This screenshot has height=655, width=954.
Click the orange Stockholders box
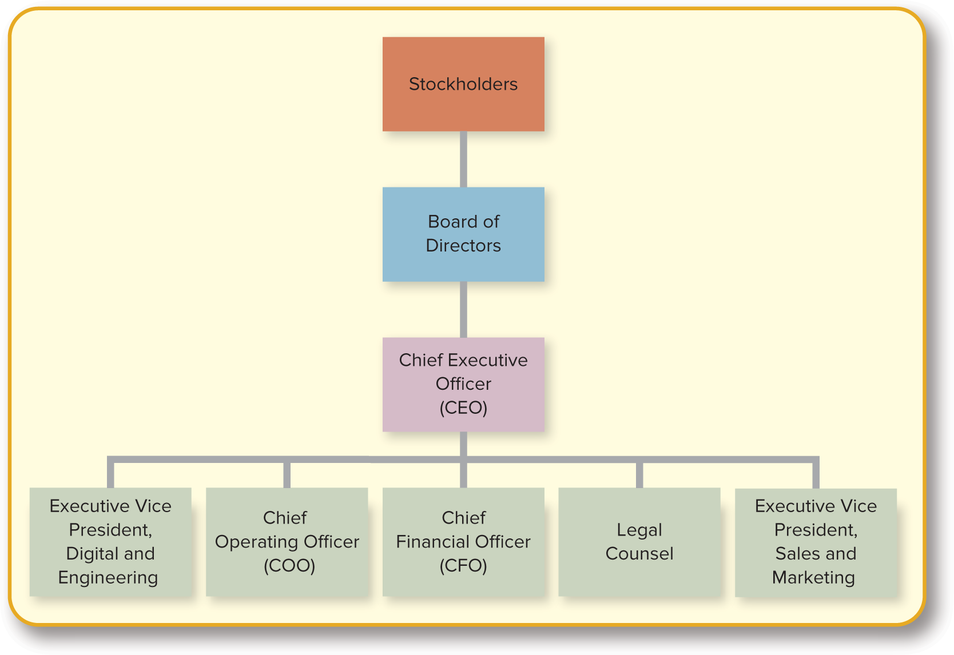point(463,84)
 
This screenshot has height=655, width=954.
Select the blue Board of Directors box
point(463,234)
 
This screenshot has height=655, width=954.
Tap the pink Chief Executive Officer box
point(463,384)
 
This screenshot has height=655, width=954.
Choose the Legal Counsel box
point(639,541)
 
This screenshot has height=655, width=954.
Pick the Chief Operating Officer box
point(287,541)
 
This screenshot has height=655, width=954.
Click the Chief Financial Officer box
point(463,541)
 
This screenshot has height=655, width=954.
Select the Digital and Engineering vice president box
point(110,541)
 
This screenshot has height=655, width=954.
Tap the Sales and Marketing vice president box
point(816,541)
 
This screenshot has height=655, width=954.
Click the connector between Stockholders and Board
point(463,159)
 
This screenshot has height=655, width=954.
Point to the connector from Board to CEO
point(463,309)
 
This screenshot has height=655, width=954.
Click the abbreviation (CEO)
point(463,408)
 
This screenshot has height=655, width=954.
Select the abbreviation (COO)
point(289,565)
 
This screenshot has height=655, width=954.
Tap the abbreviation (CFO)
point(463,565)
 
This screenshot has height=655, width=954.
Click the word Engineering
point(108,577)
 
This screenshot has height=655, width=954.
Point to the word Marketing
point(813,577)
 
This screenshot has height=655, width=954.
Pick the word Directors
point(463,245)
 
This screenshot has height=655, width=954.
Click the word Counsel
point(639,553)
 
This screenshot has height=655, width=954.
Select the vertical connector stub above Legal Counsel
point(639,474)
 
